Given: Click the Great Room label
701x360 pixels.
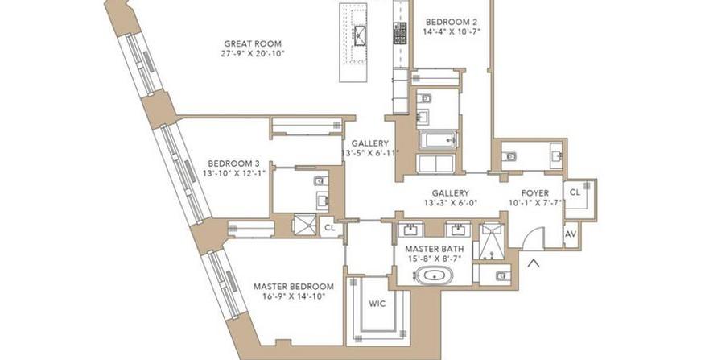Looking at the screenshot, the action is click(253, 43).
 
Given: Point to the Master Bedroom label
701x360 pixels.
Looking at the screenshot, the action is click(293, 287).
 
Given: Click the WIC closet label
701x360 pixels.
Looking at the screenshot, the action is click(377, 304).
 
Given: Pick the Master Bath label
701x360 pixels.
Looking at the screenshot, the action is click(434, 249).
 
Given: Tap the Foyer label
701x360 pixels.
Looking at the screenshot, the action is click(534, 193).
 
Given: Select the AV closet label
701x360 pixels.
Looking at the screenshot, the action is click(571, 234).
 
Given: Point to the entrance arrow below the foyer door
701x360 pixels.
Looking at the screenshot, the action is click(533, 263).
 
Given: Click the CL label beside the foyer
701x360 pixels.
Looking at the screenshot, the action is click(575, 192).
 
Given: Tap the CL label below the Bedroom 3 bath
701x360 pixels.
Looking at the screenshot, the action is click(329, 228).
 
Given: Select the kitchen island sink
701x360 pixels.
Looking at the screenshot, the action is click(360, 33).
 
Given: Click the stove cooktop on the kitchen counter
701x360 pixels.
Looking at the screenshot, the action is click(400, 33).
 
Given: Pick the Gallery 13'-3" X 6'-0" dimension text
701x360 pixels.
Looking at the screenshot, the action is click(451, 203).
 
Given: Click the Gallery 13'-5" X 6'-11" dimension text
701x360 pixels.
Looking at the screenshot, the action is click(369, 153).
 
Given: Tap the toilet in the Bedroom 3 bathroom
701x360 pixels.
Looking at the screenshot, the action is click(320, 180).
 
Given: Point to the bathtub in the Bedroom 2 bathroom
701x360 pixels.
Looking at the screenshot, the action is click(438, 139).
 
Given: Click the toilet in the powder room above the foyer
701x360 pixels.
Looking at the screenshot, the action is click(509, 156).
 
